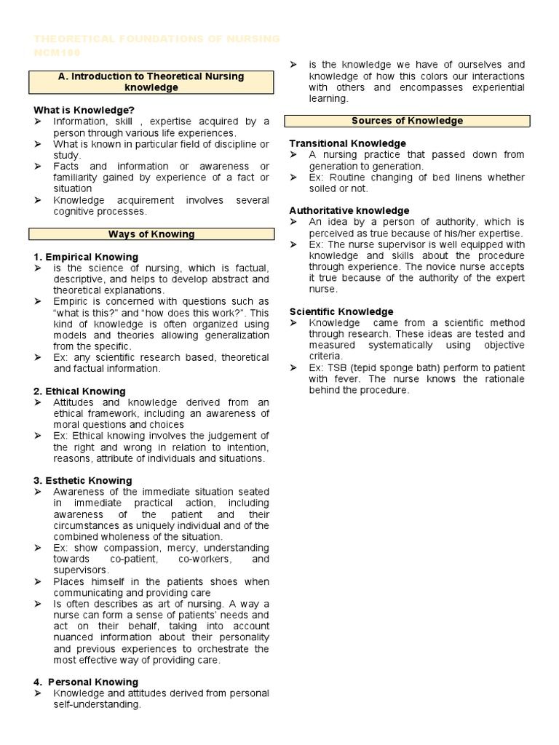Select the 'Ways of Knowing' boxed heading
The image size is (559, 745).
pyautogui.click(x=151, y=234)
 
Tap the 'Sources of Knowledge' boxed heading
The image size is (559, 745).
pyautogui.click(x=407, y=121)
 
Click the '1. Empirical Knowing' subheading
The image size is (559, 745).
pyautogui.click(x=86, y=257)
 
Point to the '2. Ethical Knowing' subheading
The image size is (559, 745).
pyautogui.click(x=79, y=391)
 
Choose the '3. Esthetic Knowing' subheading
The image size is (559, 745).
pyautogui.click(x=83, y=481)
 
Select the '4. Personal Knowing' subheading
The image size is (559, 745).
pyautogui.click(x=86, y=682)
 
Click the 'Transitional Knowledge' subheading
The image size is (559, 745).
pyautogui.click(x=347, y=143)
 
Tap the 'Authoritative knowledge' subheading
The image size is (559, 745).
pyautogui.click(x=349, y=211)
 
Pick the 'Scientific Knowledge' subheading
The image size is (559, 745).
pyautogui.click(x=341, y=311)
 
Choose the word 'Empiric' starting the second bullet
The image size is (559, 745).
pyautogui.click(x=71, y=301)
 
